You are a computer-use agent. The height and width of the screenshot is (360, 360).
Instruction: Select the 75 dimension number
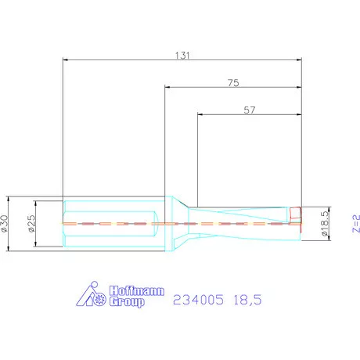point(233,82)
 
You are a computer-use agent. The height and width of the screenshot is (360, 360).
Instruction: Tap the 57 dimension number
point(250,110)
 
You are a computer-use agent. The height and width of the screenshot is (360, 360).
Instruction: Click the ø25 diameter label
point(32,224)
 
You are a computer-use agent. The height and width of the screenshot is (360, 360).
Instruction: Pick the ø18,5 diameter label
point(323,224)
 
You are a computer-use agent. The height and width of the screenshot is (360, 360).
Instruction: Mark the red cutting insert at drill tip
point(296,215)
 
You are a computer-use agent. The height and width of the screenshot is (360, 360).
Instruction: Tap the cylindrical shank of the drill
point(113,224)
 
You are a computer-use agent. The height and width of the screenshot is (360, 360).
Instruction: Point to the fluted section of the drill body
point(243,224)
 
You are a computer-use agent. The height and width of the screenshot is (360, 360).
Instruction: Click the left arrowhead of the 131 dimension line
point(66,59)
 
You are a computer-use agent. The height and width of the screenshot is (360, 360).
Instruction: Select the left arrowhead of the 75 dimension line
point(167,87)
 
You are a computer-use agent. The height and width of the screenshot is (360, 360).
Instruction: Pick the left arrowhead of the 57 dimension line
point(200,115)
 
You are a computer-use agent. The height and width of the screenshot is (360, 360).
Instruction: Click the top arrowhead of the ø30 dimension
point(8,199)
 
